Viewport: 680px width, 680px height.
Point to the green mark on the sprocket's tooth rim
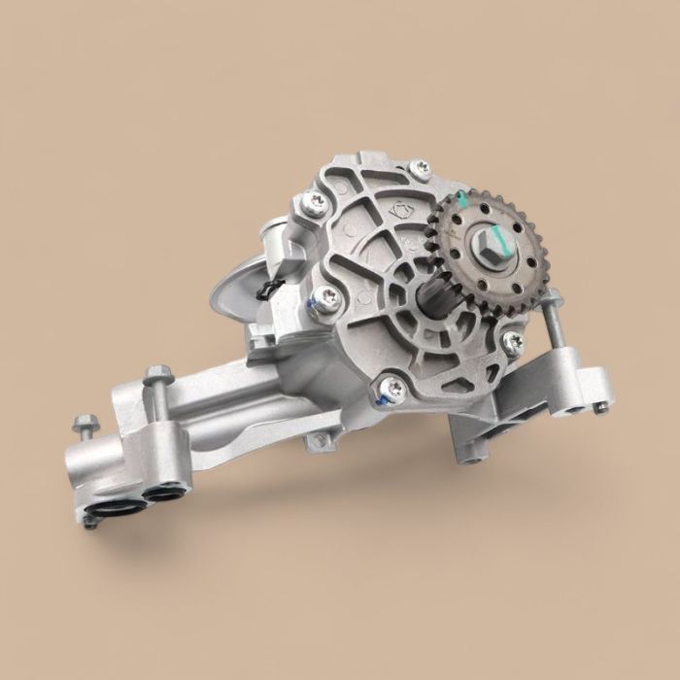point(464,200)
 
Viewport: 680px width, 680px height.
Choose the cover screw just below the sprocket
point(512,340)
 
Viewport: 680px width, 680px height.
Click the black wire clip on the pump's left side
point(269,287)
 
